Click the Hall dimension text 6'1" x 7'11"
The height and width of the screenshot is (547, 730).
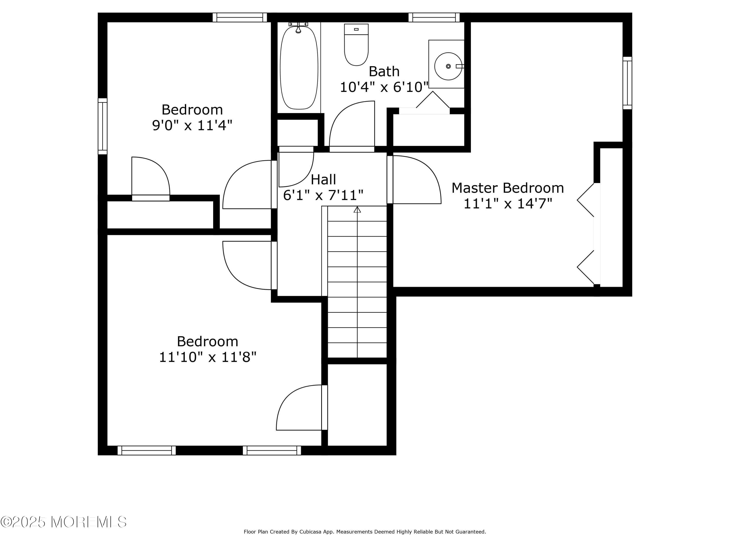[x=323, y=195]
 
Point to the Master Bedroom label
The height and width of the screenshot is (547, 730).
[x=508, y=188]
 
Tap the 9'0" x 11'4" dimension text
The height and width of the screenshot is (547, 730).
[x=192, y=125]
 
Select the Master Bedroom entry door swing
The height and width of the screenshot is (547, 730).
[x=417, y=179]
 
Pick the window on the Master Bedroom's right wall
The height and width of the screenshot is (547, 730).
[x=627, y=83]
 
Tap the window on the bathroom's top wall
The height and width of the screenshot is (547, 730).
[x=434, y=18]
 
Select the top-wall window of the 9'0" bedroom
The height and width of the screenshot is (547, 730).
[x=240, y=18]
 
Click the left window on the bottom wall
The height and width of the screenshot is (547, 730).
[x=146, y=450]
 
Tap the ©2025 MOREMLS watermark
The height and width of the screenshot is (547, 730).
[x=63, y=522]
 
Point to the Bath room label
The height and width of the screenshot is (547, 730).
[x=384, y=71]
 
